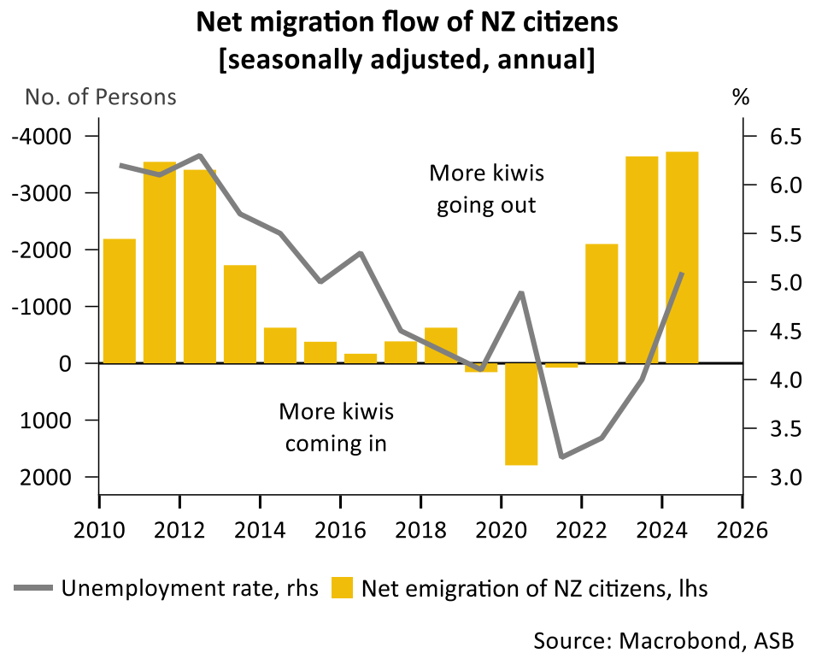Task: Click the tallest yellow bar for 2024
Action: (682, 256)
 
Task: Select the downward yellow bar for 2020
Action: (521, 414)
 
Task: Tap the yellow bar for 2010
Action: (119, 300)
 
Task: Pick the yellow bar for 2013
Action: (240, 314)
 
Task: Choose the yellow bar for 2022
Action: (602, 303)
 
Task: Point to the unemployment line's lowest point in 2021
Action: (561, 456)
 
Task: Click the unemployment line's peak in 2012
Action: (199, 156)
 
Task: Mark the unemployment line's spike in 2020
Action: (521, 293)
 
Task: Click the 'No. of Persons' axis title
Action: (101, 97)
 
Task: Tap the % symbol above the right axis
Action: (740, 97)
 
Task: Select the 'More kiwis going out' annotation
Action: (486, 189)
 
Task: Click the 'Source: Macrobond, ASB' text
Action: (663, 639)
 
